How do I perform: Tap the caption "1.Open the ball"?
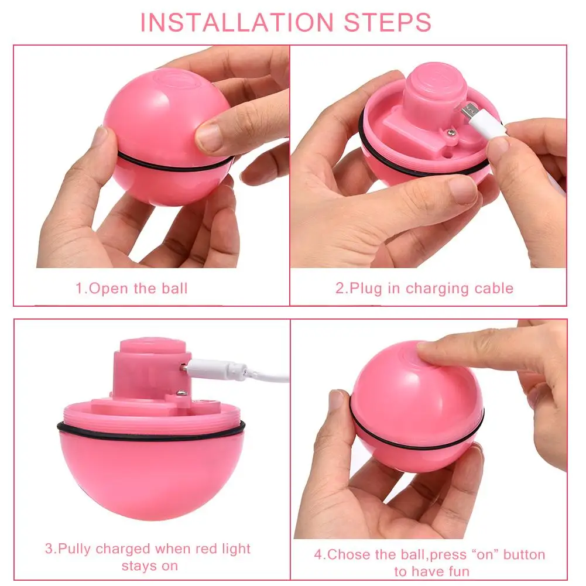(x=131, y=289)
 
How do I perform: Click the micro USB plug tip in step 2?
(x=467, y=111)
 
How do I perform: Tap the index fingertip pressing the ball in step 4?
(x=430, y=351)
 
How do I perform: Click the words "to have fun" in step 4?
(x=431, y=571)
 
